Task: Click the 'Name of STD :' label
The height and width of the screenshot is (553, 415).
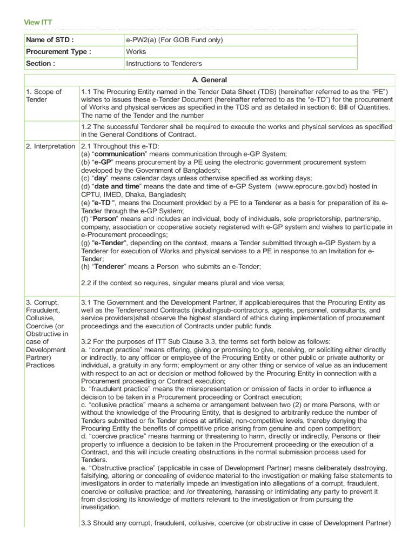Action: [x=49, y=40]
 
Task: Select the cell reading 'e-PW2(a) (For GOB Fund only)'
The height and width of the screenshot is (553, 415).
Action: [x=175, y=40]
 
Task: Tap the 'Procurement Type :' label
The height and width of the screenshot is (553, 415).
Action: [x=58, y=52]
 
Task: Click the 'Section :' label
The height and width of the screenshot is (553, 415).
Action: [x=41, y=64]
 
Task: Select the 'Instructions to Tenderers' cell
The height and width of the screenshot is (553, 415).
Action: [x=164, y=64]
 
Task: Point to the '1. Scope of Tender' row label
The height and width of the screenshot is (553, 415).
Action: [x=43, y=96]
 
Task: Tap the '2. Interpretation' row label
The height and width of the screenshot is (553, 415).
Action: [x=50, y=146]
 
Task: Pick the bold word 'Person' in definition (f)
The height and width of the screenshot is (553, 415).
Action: [x=105, y=219]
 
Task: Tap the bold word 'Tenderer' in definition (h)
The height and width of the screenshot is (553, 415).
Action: [x=110, y=267]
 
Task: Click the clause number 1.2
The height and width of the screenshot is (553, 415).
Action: [x=87, y=126]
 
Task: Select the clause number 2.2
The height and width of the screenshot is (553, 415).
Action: [x=87, y=283]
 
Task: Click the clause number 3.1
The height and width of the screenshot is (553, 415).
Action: [x=87, y=302]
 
